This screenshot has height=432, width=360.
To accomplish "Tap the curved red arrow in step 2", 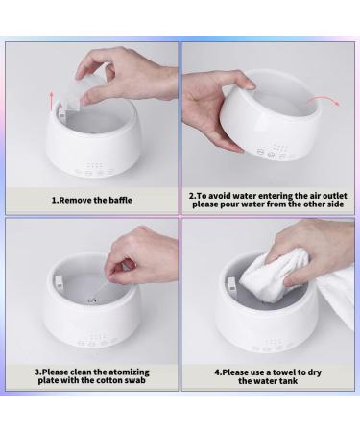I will point(323,104).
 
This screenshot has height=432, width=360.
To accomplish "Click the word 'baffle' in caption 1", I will point(117,200).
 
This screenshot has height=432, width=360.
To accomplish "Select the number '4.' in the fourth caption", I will point(219,371).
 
